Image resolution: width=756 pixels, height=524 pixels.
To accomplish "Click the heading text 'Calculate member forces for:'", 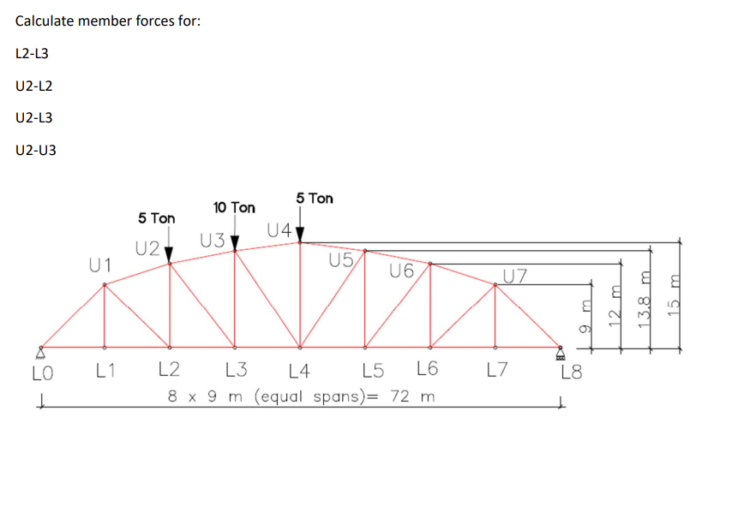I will pyautogui.click(x=108, y=21).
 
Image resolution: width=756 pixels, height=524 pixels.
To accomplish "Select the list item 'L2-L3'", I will pyautogui.click(x=32, y=53).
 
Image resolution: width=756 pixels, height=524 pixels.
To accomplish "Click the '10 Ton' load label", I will pyautogui.click(x=234, y=208).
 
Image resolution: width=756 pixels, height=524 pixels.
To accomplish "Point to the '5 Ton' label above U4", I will pyautogui.click(x=315, y=199).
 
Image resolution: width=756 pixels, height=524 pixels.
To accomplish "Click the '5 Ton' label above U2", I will pyautogui.click(x=156, y=219).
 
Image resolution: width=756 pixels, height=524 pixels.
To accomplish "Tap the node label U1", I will pyautogui.click(x=101, y=265).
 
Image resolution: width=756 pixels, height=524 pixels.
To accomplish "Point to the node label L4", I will pyautogui.click(x=300, y=372).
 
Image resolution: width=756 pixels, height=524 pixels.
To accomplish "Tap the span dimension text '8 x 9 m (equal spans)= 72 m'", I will pyautogui.click(x=301, y=396).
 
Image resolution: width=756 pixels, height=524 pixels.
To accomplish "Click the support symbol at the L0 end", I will pyautogui.click(x=39, y=352).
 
